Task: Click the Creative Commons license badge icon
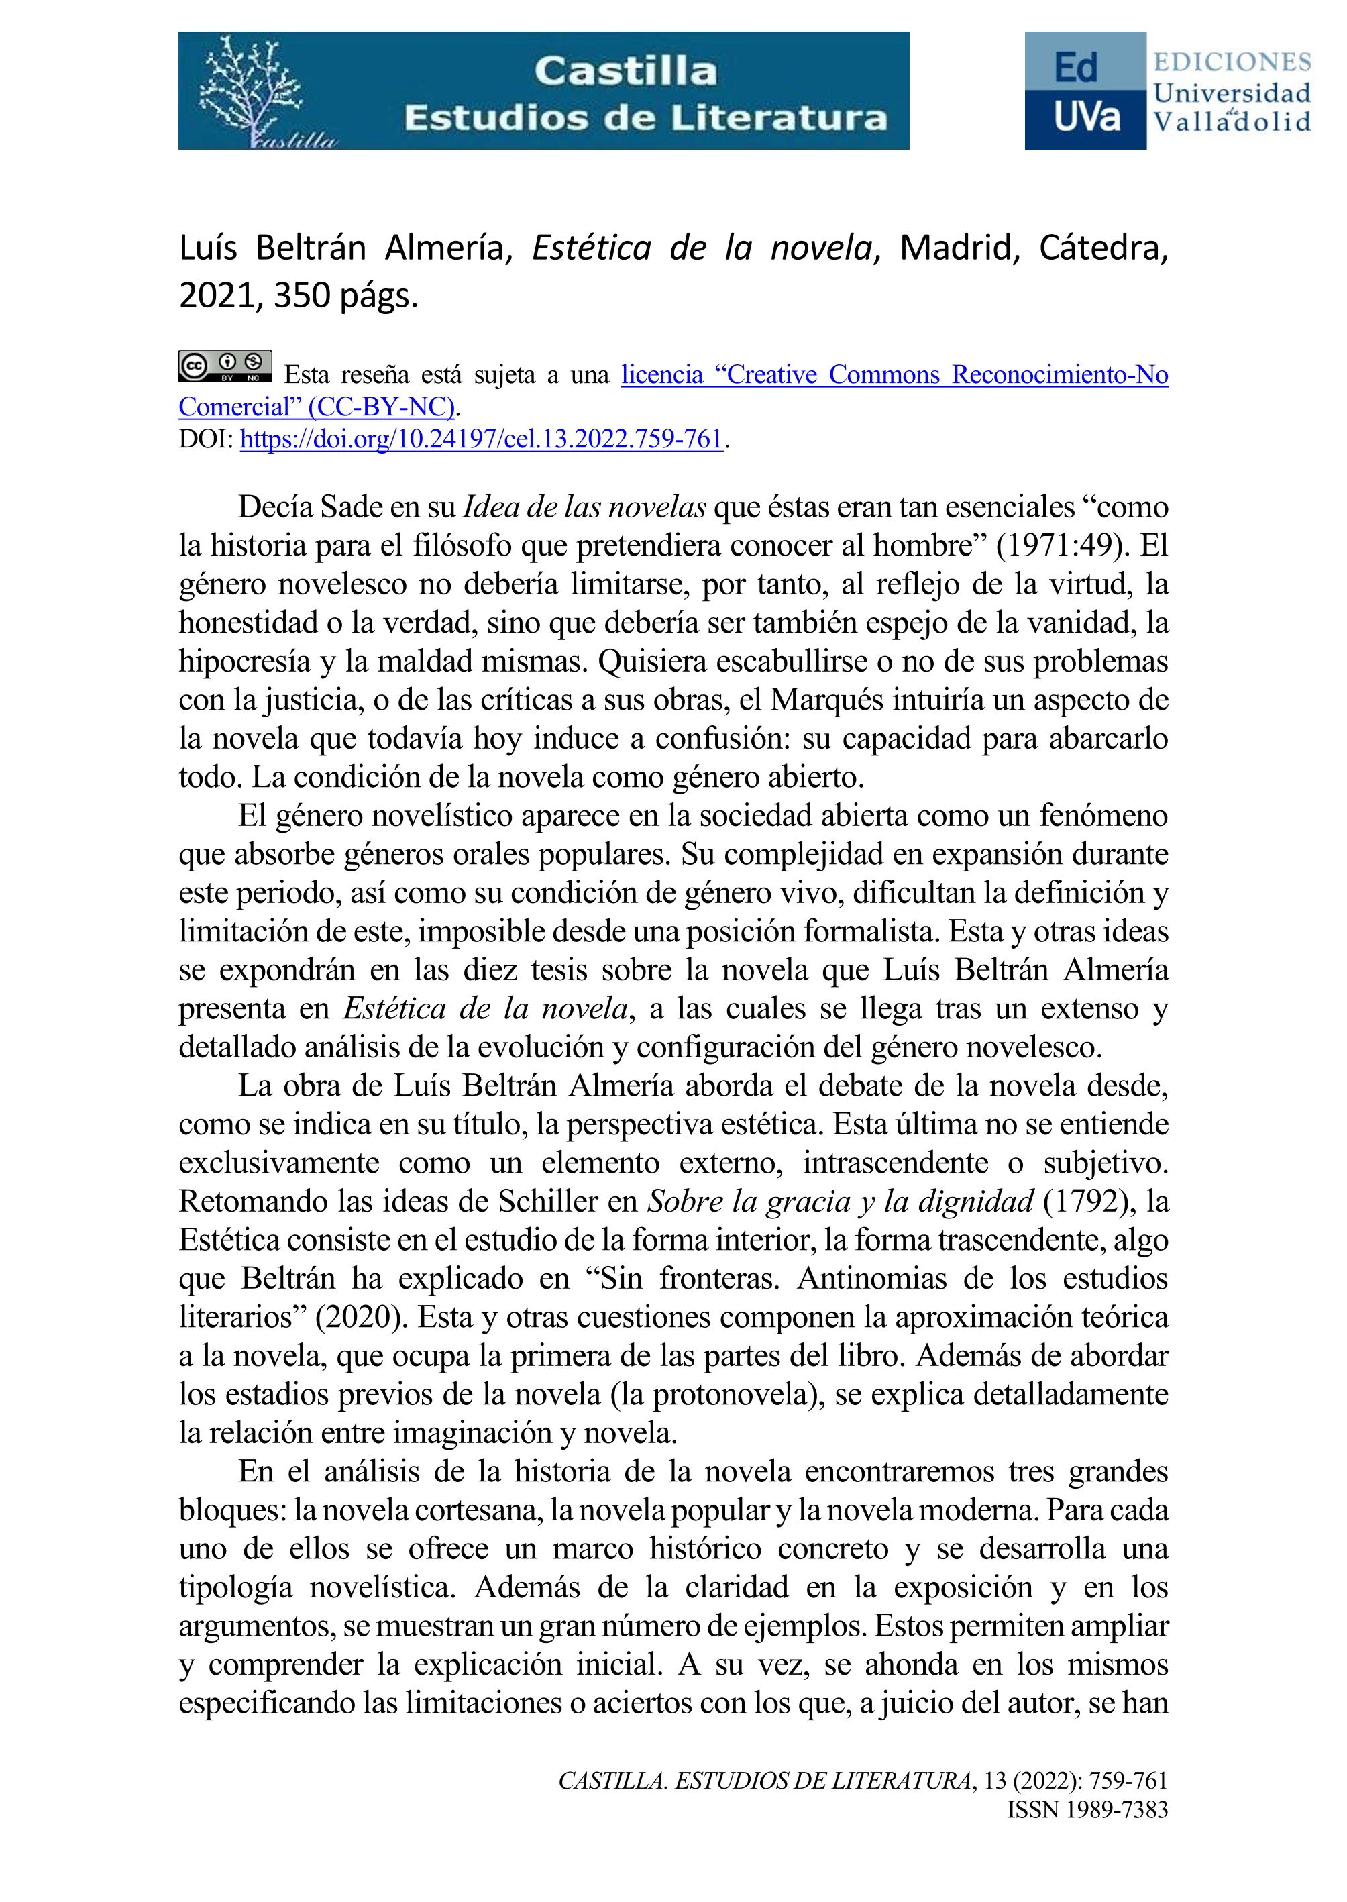(x=225, y=366)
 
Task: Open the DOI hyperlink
(x=481, y=439)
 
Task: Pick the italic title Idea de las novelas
(x=585, y=506)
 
